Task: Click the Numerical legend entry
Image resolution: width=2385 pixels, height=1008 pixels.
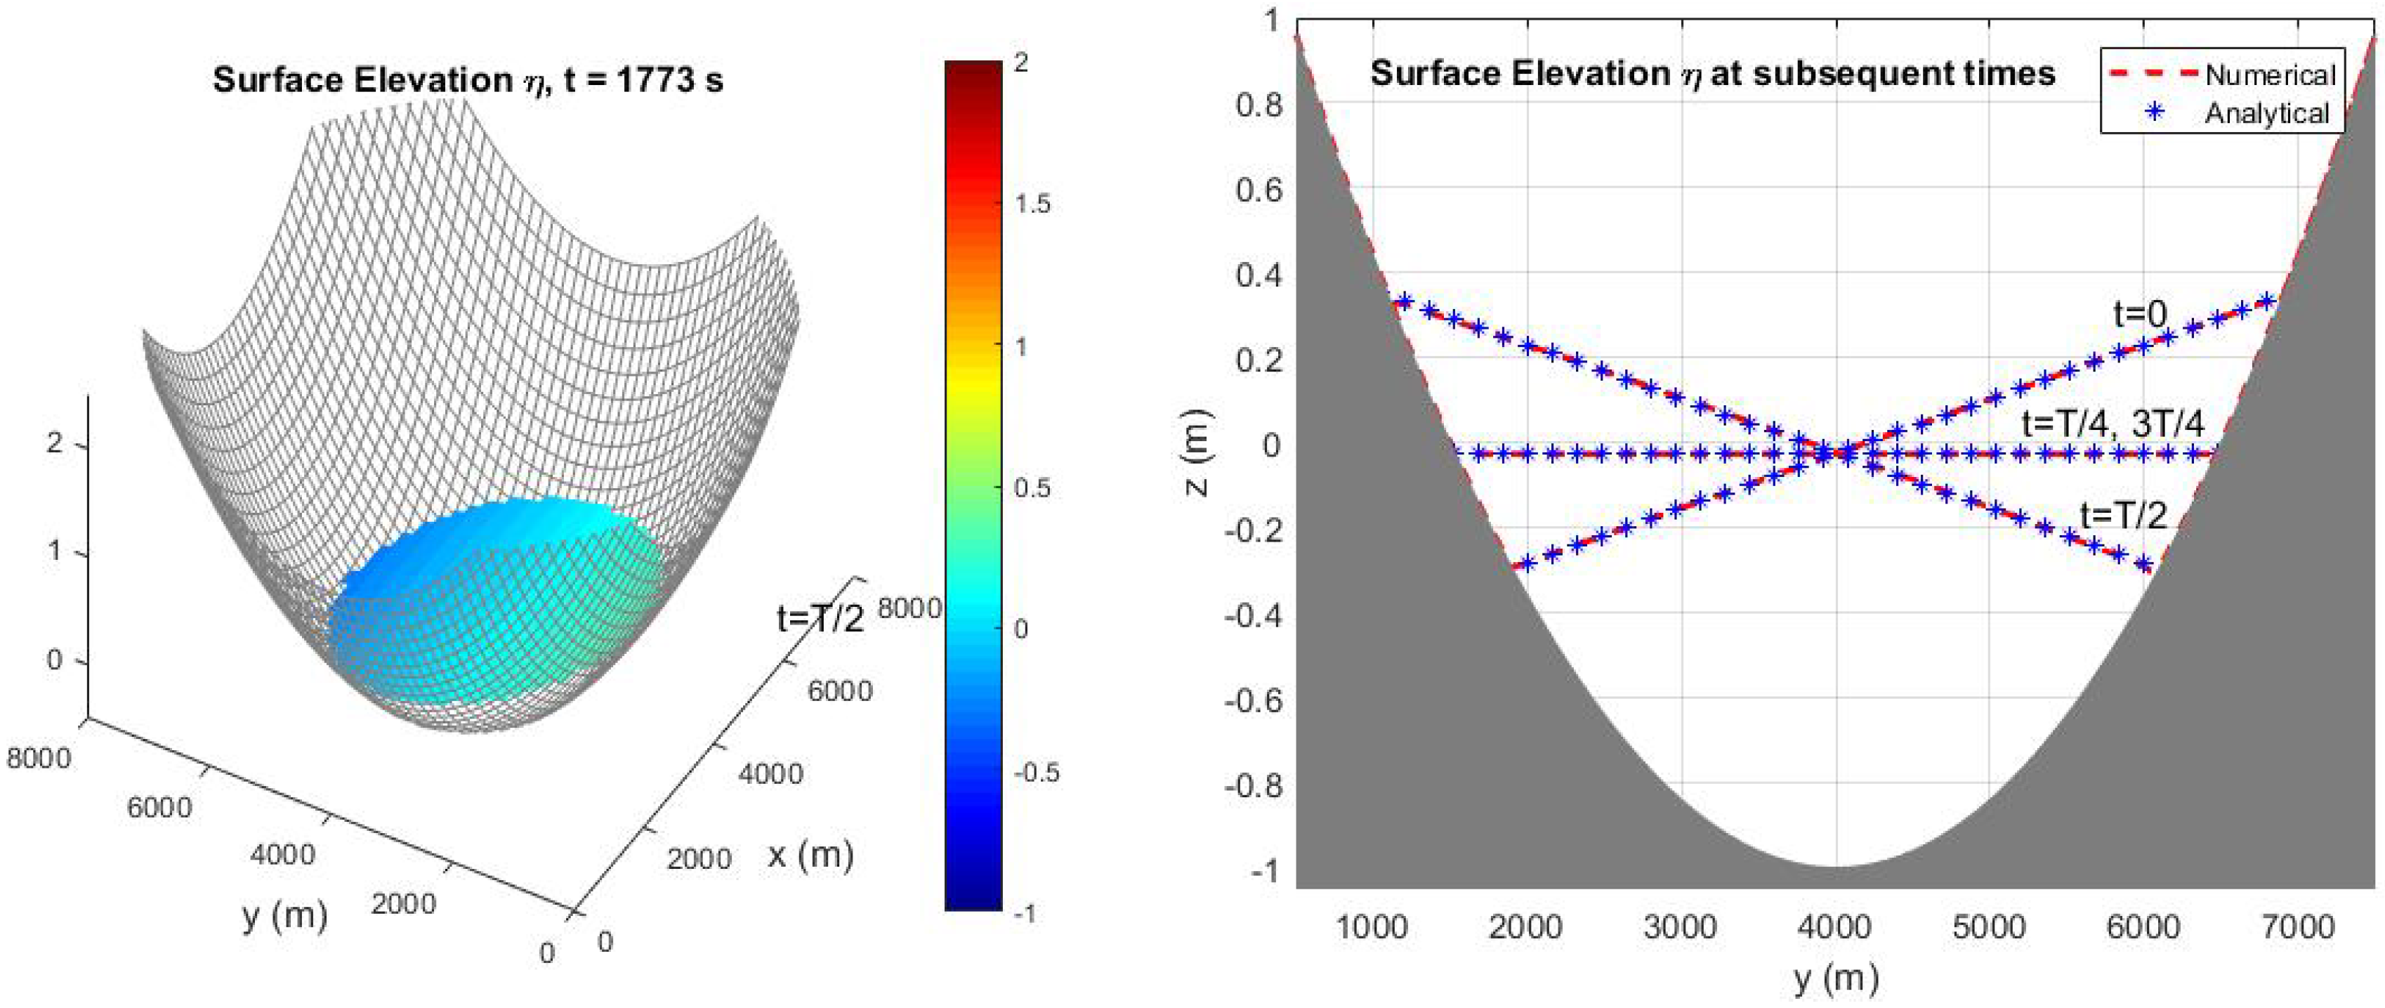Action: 2268,75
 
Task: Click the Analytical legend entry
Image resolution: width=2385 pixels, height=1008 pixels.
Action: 2266,114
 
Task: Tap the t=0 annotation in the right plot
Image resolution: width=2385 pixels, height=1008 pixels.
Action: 2140,315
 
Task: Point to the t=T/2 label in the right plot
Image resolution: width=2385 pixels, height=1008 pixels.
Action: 2124,515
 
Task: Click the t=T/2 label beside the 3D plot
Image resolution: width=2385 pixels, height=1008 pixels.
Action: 820,617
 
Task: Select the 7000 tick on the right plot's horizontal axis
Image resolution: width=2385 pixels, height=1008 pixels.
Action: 2296,927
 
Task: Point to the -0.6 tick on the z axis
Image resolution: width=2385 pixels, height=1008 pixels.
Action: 1253,701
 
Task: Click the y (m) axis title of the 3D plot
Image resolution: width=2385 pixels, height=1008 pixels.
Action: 285,915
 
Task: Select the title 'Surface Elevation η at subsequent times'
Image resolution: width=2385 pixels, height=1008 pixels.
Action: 1713,73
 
